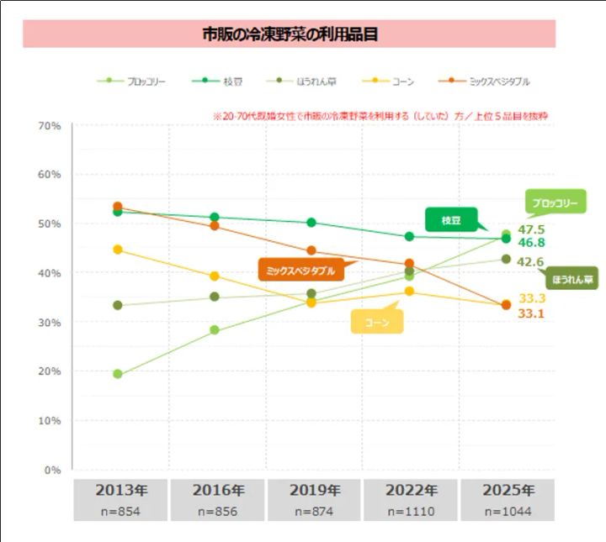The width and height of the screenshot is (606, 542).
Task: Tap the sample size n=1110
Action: tap(410, 510)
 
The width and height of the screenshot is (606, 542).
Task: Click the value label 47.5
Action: tap(531, 229)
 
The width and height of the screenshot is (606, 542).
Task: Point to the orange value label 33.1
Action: tap(531, 313)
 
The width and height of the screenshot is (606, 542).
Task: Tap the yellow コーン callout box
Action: tap(376, 322)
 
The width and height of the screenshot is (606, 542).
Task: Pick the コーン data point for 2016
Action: tap(215, 276)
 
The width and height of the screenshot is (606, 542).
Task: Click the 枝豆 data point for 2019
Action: tap(311, 223)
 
